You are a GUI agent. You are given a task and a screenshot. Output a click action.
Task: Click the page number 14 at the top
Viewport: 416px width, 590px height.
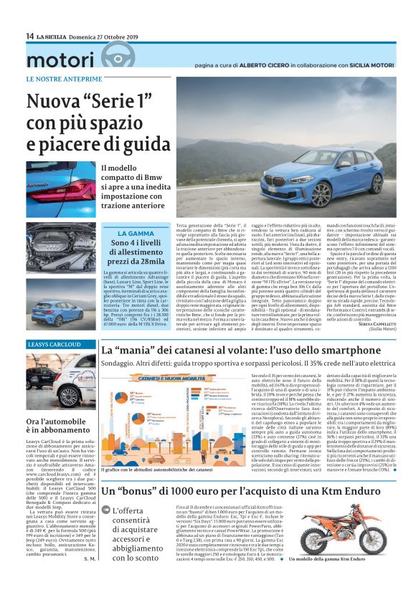click(29, 36)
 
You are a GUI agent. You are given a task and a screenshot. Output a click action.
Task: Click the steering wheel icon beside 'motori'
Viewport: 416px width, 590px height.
click(113, 57)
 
